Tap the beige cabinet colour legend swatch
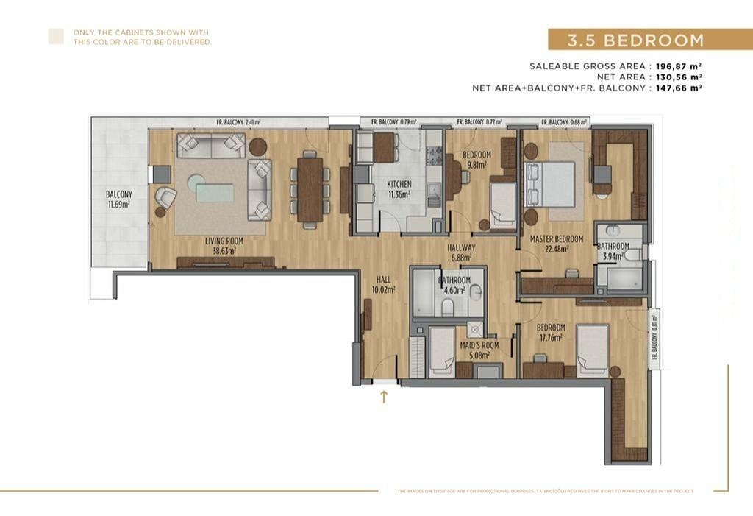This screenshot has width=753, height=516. [x=56, y=37]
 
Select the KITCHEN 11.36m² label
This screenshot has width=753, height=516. [x=399, y=189]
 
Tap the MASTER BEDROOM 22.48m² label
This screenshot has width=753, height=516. [x=557, y=244]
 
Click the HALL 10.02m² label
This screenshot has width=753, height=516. [x=384, y=285]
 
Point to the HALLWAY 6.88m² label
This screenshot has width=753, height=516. [x=463, y=252]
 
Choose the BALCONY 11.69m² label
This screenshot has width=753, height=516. [x=118, y=199]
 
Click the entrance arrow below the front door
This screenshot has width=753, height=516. [x=383, y=398]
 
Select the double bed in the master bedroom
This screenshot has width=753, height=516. [x=549, y=184]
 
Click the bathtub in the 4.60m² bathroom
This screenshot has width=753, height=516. [x=424, y=292]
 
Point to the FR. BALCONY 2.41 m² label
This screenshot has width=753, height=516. [x=239, y=122]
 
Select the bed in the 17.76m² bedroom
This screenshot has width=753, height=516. [x=592, y=350]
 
